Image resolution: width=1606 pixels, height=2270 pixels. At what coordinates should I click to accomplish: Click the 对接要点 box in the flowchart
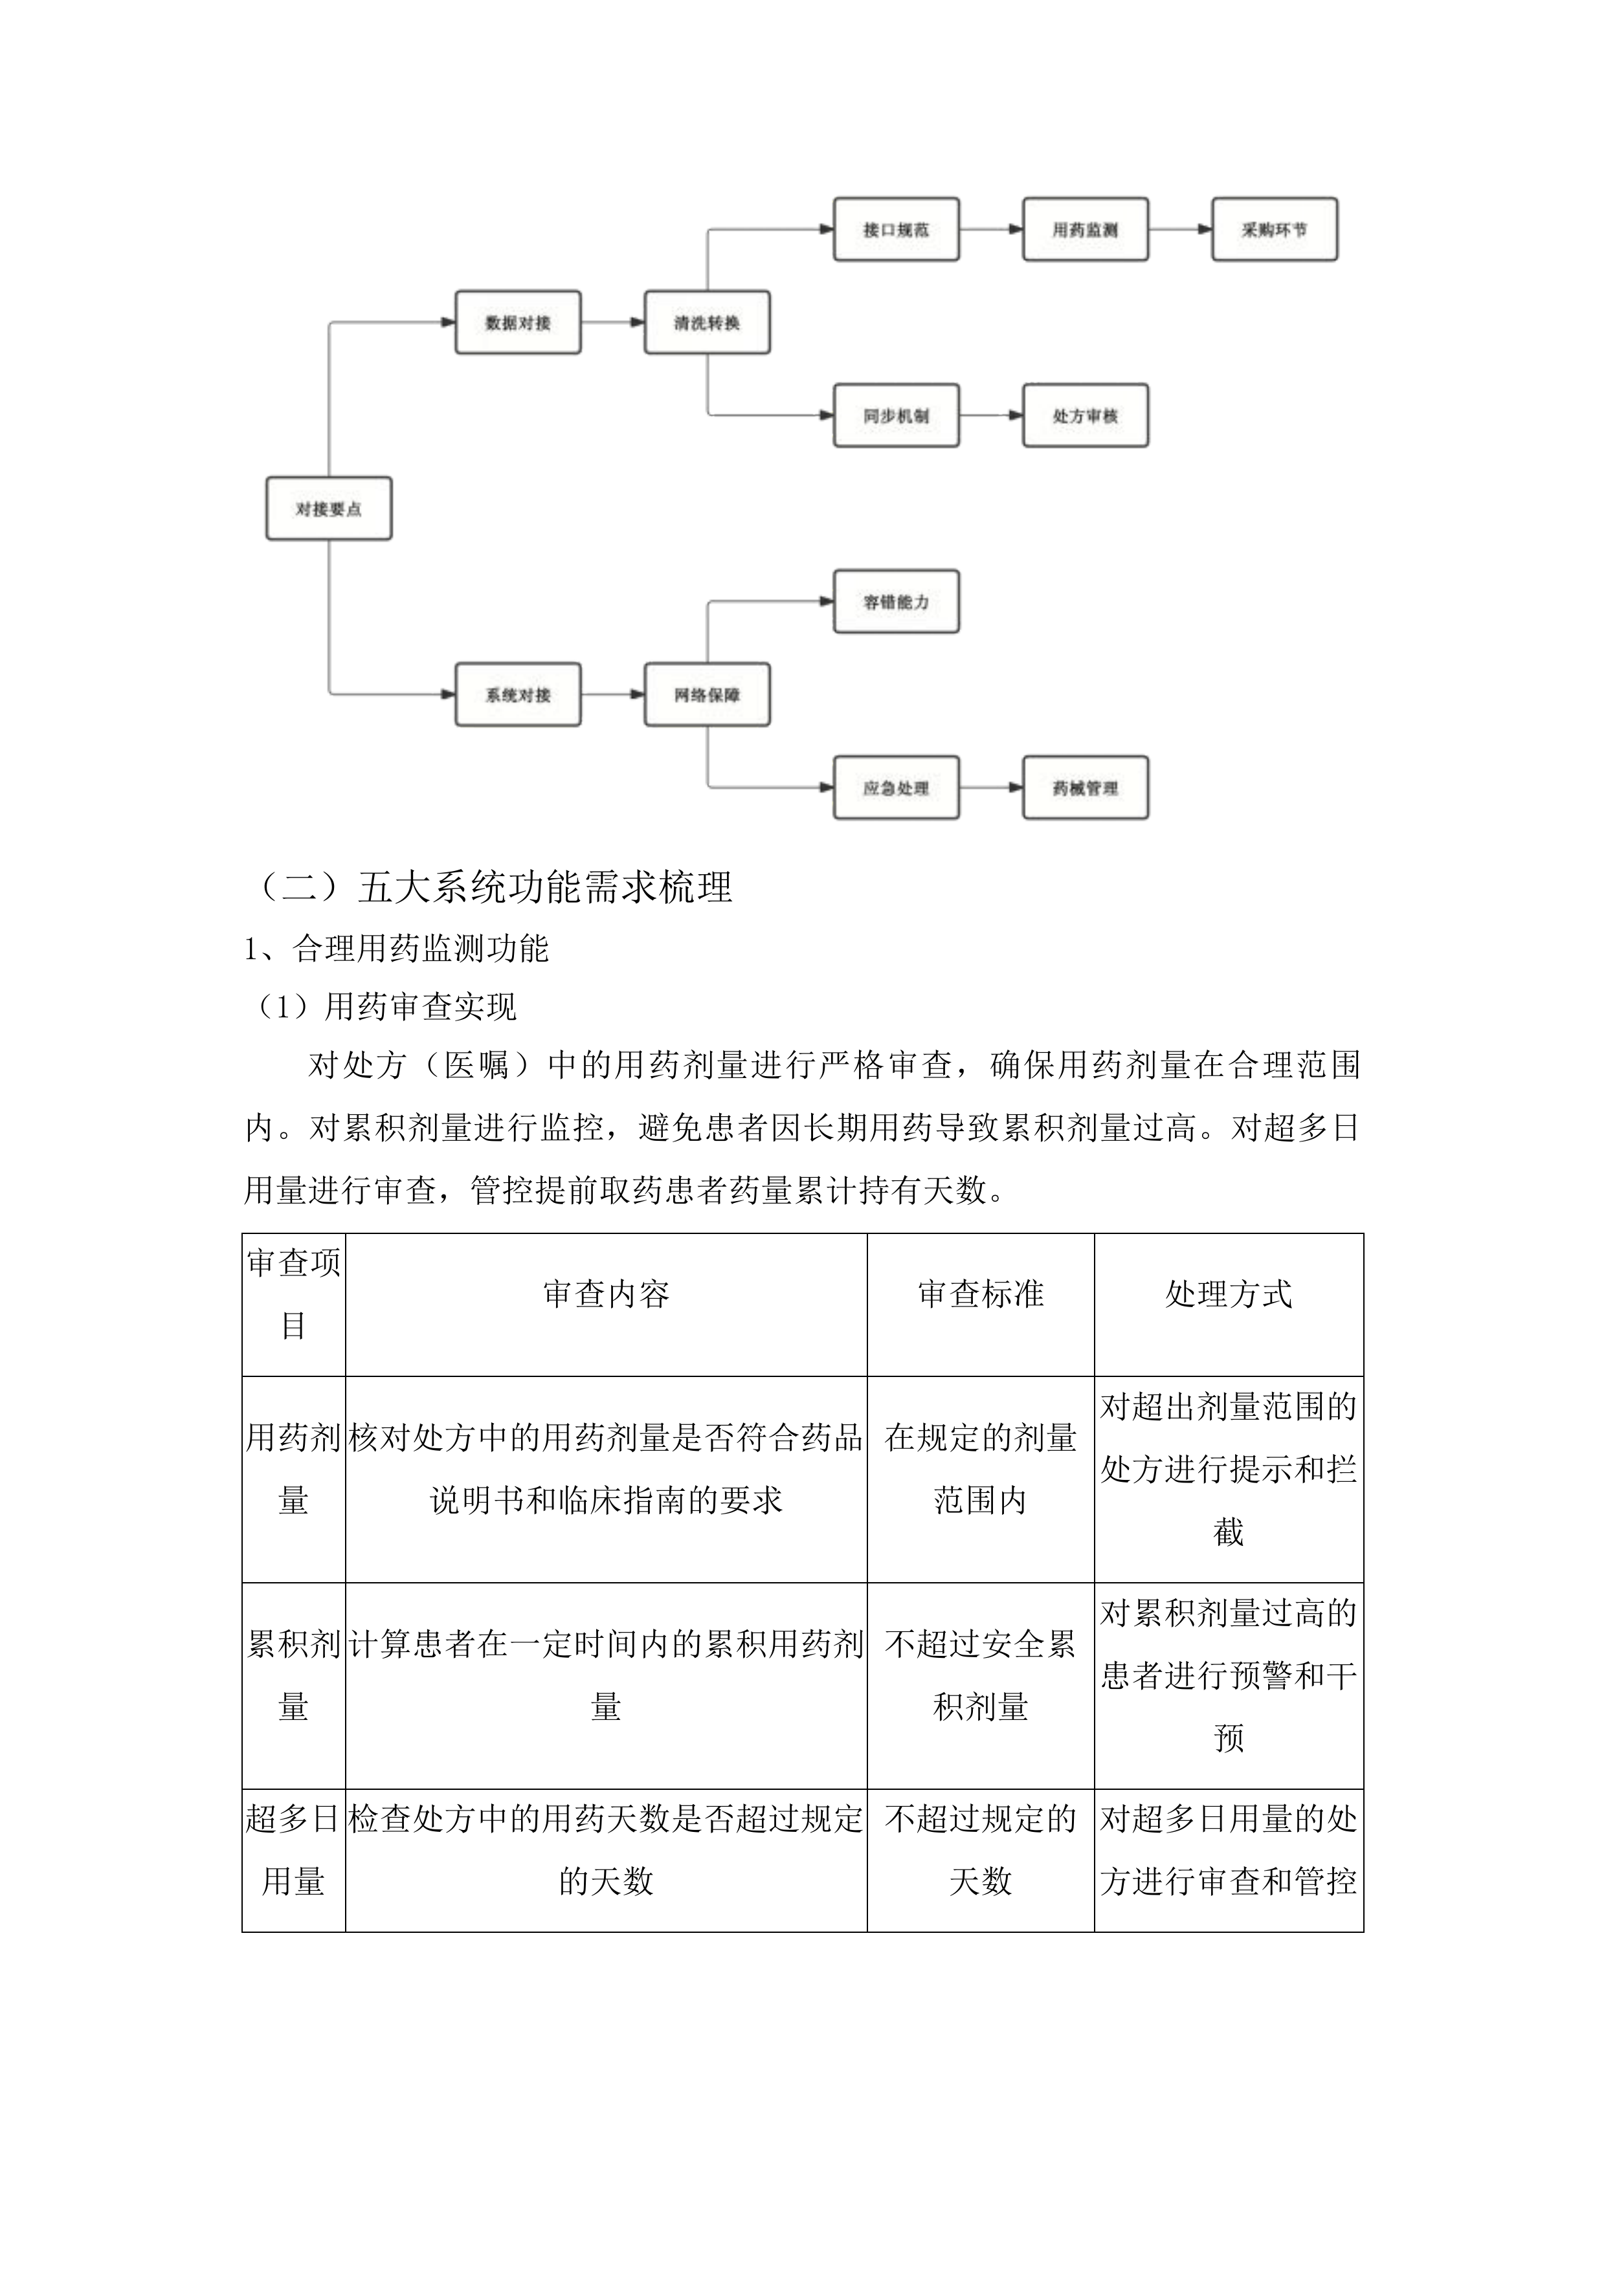point(328,508)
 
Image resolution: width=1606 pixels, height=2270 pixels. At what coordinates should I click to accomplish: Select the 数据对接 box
point(517,322)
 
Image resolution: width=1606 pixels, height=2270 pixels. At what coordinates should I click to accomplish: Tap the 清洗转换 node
point(706,322)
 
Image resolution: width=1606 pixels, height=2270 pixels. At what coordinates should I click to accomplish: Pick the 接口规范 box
point(895,229)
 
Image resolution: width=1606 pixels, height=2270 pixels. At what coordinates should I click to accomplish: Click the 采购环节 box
point(1274,229)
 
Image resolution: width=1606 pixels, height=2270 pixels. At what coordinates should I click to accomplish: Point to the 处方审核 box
point(1085,415)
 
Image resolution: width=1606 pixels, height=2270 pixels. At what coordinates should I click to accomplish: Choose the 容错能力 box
point(895,601)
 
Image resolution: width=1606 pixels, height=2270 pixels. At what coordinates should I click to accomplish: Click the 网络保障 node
point(706,694)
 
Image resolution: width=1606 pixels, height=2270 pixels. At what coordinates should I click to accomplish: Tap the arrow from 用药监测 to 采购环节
point(1180,229)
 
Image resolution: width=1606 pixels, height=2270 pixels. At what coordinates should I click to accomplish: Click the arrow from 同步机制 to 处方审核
point(991,415)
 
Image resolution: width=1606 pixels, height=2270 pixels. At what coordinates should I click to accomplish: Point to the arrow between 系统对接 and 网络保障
point(612,694)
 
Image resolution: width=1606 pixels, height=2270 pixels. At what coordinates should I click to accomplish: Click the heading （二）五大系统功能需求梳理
point(495,887)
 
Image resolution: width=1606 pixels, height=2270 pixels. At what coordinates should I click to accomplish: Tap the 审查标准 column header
point(980,1293)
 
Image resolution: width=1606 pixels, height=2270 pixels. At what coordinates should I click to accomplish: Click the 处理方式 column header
point(1228,1293)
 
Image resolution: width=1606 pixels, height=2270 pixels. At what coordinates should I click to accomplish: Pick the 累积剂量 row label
point(293,1675)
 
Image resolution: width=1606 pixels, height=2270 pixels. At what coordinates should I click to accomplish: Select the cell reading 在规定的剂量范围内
point(980,1468)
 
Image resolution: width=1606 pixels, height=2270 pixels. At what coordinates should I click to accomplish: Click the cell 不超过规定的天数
point(980,1849)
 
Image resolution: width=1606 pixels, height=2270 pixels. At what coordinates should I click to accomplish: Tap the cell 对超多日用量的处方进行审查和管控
point(1228,1849)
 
